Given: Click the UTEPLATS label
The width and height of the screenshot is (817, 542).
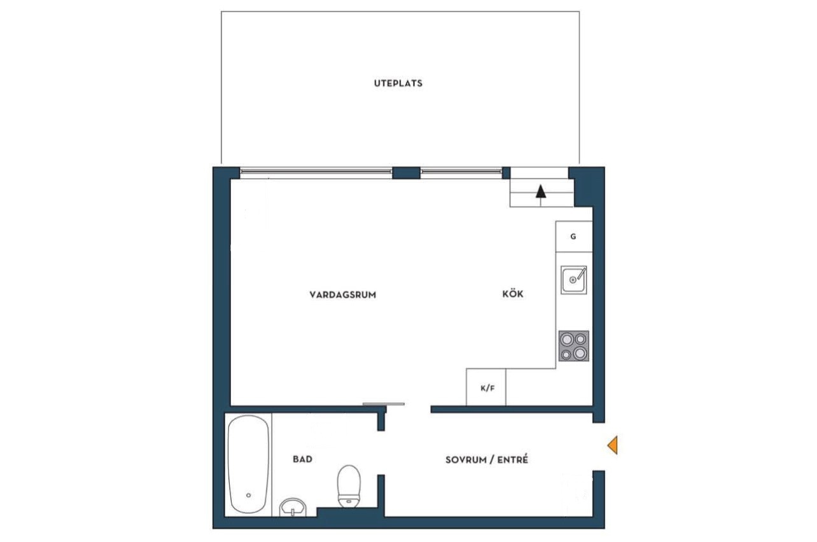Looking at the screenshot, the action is tap(398, 83).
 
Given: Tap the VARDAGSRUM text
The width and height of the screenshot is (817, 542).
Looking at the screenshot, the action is tap(343, 295).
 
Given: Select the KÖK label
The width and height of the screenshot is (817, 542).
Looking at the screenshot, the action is tap(513, 293).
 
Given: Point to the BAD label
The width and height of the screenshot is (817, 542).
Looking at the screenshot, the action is tap(302, 459).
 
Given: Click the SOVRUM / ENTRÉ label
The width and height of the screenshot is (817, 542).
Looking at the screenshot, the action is tap(487, 459).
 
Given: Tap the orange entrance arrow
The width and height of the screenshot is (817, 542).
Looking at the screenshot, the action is tap(612, 445).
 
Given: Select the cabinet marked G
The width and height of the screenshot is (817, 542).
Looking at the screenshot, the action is tap(574, 237).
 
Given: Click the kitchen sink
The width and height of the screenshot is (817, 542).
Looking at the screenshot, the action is tap(574, 280).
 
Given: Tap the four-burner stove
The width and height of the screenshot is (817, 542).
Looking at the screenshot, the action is tap(574, 346).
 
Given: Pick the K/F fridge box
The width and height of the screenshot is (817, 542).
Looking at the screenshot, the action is tap(486, 387).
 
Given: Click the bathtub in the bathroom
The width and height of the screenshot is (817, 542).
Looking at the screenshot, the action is tap(248, 464).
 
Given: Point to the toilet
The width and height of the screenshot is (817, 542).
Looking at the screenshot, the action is tap(349, 486).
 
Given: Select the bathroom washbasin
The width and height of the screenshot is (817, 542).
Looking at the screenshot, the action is tap(293, 508).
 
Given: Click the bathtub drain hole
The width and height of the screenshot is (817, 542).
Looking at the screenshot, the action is tap(248, 496).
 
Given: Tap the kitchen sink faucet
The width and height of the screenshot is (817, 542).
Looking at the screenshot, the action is tap(582, 273).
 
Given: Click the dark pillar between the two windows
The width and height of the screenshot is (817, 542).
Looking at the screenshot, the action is tap(407, 172).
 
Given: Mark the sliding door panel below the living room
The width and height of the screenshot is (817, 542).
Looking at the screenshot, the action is tap(383, 404).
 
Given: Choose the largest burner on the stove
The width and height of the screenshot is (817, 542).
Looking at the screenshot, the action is tap(580, 352).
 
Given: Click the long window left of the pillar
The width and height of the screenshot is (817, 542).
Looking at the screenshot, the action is tap(316, 171).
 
